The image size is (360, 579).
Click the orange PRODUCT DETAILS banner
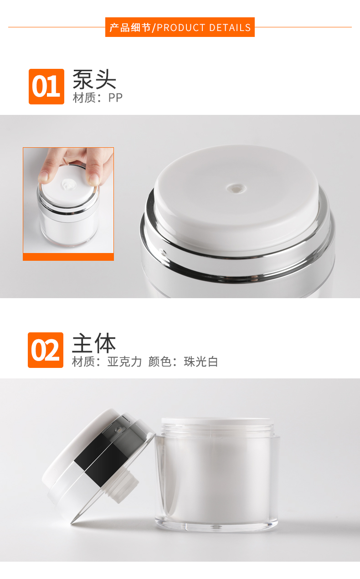point(180,27)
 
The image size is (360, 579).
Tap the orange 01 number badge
point(46,87)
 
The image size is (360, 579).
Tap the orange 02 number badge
point(46,350)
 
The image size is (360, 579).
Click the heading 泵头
point(94,79)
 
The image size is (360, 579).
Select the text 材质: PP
point(98,98)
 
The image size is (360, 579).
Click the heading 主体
point(94,343)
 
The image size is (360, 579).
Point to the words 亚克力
point(124,362)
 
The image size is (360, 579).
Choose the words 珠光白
point(201,362)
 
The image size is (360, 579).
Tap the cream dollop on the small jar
point(68,184)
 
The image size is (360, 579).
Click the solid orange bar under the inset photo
point(68,257)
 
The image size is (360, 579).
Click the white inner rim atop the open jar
point(217,421)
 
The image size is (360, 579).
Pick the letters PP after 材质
point(115,98)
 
